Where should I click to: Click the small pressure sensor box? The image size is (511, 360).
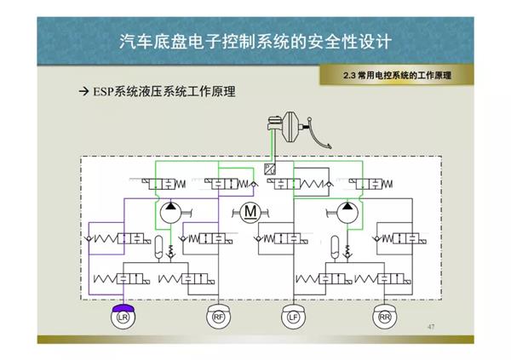pos(270,168)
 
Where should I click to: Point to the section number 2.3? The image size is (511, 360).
pos(348,76)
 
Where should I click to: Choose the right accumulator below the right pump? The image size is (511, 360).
pos(335,247)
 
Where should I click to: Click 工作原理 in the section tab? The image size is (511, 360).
pos(429,76)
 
